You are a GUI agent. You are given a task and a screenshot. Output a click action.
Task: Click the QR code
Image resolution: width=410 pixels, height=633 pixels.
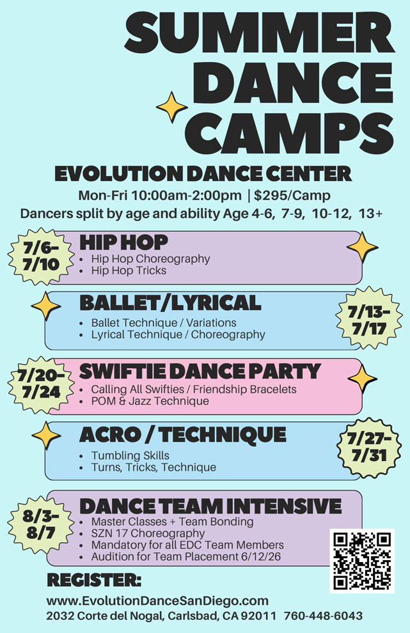362,561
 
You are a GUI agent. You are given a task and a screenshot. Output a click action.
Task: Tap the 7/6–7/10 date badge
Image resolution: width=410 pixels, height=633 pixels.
35,255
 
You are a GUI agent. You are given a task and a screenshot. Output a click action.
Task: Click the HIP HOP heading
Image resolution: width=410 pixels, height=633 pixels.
123,242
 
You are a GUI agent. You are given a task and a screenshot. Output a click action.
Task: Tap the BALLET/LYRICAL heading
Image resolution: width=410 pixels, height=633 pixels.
170,302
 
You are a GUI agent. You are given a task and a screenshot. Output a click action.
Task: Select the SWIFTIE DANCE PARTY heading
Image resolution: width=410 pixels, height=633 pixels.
199,370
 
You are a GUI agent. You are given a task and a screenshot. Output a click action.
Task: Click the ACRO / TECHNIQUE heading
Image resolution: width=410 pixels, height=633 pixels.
182,435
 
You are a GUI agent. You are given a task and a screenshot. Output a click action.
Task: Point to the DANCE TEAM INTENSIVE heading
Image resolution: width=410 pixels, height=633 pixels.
210,506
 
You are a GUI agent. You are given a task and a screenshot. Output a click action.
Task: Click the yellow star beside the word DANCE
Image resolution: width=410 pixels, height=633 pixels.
173,107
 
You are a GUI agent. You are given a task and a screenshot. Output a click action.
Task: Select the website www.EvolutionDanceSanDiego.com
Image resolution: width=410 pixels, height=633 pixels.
157,601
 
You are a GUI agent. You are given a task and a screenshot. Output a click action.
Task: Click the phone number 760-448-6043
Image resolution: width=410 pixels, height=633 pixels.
323,616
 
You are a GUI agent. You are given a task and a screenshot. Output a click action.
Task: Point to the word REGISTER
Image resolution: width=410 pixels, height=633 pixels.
94,581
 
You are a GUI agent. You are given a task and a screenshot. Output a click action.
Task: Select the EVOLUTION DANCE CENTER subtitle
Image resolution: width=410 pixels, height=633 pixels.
203,173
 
